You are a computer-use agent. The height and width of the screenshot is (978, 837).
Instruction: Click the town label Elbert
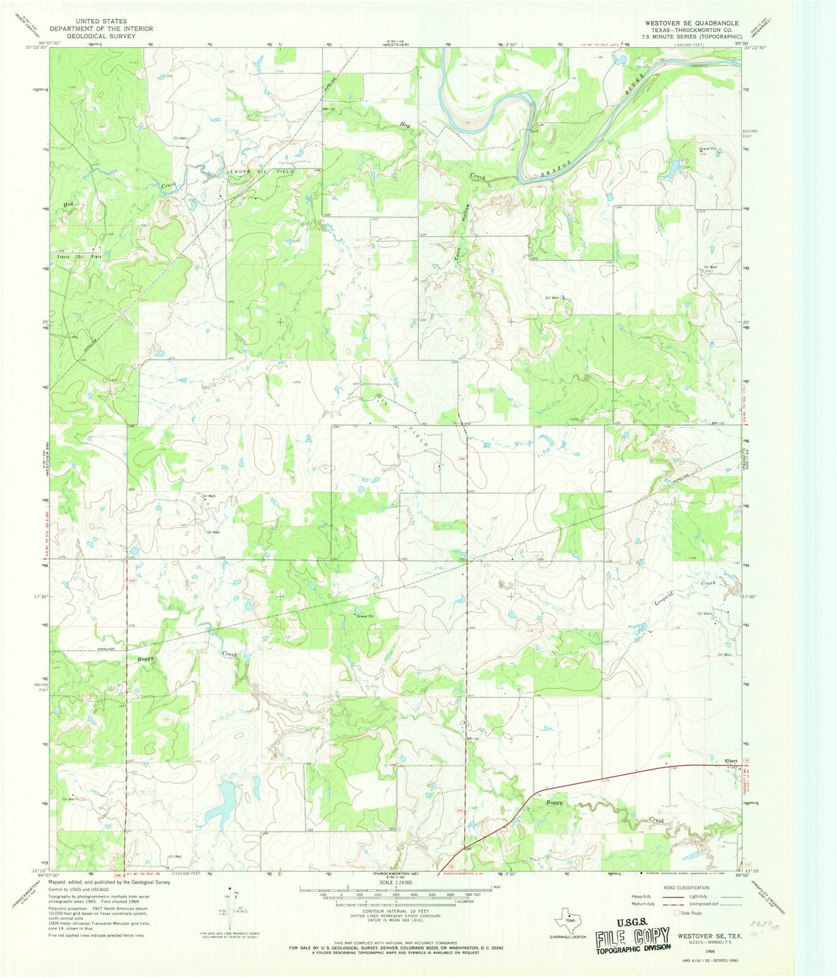(731, 760)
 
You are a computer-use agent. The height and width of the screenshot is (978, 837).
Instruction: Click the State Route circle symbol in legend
(677, 913)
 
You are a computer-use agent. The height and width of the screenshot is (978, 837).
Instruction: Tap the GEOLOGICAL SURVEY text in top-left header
(102, 36)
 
